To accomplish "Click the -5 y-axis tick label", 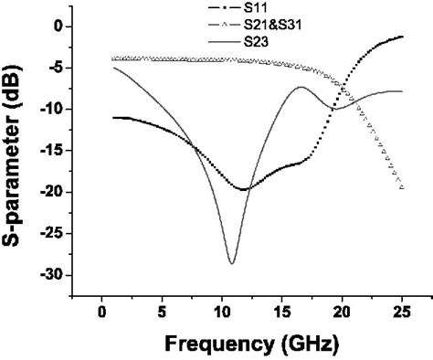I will [x=57, y=68].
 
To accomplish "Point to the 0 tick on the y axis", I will [x=60, y=26].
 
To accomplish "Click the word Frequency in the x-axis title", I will [x=217, y=345].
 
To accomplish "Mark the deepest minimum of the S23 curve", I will [x=232, y=263].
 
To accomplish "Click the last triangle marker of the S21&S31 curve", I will [x=402, y=187].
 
